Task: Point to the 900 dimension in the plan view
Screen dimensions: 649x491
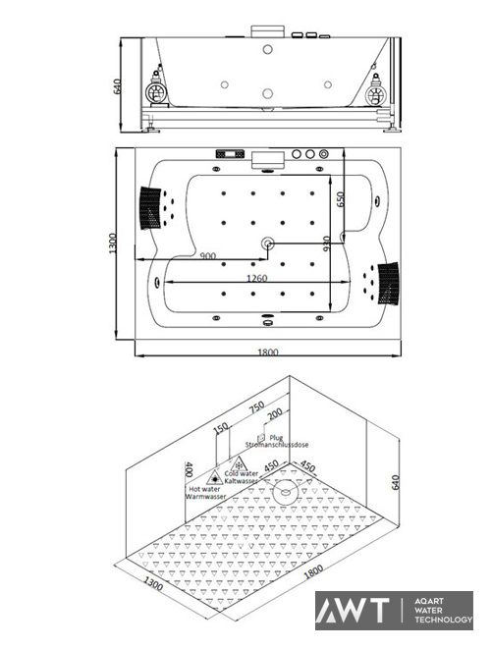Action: (208, 256)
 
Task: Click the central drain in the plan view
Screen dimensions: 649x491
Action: (266, 242)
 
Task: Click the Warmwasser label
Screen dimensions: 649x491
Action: (204, 497)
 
